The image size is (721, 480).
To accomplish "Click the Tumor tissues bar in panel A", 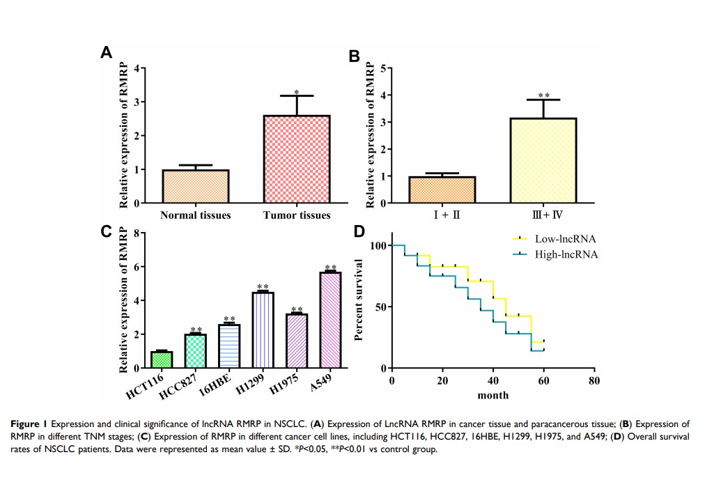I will click(297, 160).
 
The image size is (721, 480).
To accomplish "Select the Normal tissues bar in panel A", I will click(196, 187).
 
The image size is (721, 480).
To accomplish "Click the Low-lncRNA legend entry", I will click(557, 239).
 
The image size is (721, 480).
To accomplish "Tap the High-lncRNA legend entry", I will click(557, 254).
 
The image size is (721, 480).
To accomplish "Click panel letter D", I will click(359, 232).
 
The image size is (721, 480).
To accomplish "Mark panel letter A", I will click(106, 53).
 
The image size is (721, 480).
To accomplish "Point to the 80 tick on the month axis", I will click(594, 381).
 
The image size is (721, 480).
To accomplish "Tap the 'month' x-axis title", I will click(493, 396).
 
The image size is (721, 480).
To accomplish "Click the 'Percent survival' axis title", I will click(360, 300).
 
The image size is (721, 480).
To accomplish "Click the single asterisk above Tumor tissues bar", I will click(297, 92).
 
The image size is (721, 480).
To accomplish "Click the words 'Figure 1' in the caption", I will click(29, 423).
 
